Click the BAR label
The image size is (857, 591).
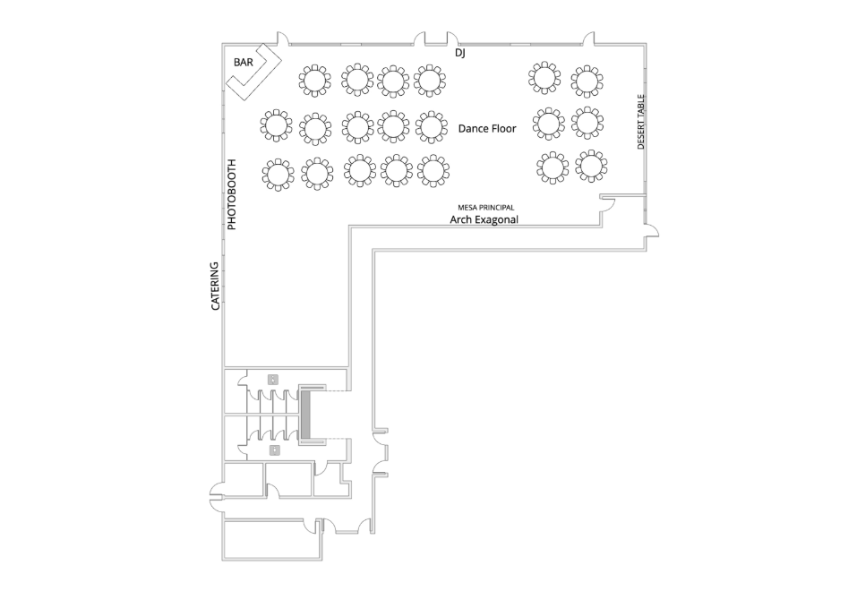pyautogui.click(x=244, y=63)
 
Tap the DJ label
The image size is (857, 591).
pyautogui.click(x=459, y=53)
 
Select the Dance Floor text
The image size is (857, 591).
pyautogui.click(x=487, y=128)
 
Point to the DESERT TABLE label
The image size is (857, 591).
pyautogui.click(x=641, y=122)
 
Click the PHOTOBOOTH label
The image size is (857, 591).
pyautogui.click(x=232, y=194)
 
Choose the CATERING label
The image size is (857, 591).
pyautogui.click(x=215, y=286)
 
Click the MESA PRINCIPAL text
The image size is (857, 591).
pyautogui.click(x=486, y=208)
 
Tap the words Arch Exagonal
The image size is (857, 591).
pyautogui.click(x=484, y=219)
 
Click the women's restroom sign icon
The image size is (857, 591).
pyautogui.click(x=273, y=379)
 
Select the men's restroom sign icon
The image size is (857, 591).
pyautogui.click(x=274, y=450)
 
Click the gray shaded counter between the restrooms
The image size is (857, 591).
pyautogui.click(x=305, y=414)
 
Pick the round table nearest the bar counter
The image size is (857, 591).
pyautogui.click(x=314, y=81)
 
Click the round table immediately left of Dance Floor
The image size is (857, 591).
pyautogui.click(x=432, y=126)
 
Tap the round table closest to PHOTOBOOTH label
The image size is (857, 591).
pyautogui.click(x=278, y=175)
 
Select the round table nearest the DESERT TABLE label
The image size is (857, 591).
pyautogui.click(x=587, y=123)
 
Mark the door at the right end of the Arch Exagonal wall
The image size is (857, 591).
pyautogui.click(x=608, y=203)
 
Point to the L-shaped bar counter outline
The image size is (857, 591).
pyautogui.click(x=253, y=73)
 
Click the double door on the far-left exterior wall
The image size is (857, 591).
pyautogui.click(x=218, y=497)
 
